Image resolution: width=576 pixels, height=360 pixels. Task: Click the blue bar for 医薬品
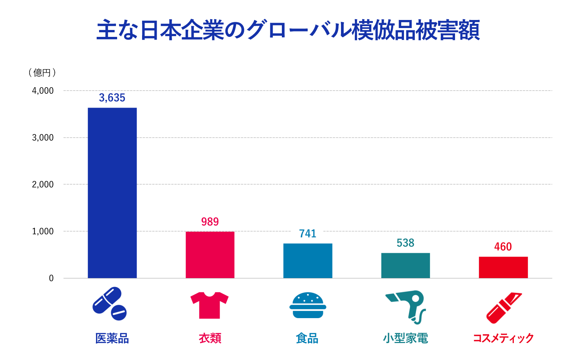[x=112, y=193]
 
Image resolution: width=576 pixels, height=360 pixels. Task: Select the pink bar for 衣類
[x=210, y=255]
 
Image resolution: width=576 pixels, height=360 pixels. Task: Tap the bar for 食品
[x=308, y=261]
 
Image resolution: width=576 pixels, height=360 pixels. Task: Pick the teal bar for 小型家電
[x=406, y=265]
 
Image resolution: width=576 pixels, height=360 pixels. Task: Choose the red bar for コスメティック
[x=503, y=267]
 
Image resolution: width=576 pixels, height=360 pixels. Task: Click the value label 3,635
[x=112, y=98]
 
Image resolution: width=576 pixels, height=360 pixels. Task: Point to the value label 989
[x=210, y=222]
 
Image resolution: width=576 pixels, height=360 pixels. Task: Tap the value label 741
[x=308, y=234]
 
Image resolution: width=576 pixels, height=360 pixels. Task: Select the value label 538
[x=406, y=243]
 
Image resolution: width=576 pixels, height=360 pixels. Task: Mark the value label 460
[x=503, y=247]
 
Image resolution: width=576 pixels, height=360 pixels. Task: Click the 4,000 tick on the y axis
[x=43, y=91]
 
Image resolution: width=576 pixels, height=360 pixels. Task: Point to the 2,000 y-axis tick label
[x=43, y=184]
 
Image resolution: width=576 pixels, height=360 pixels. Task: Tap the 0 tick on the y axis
[x=51, y=279]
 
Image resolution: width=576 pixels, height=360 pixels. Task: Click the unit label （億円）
[x=42, y=73]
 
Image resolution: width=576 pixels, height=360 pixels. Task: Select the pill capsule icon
[x=109, y=304]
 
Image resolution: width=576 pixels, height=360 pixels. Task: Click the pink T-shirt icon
[x=210, y=305]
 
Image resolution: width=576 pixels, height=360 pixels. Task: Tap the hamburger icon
[x=308, y=305]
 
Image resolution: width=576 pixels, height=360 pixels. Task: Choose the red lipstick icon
[x=504, y=307]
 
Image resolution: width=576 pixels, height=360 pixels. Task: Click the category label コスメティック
[x=503, y=338]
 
